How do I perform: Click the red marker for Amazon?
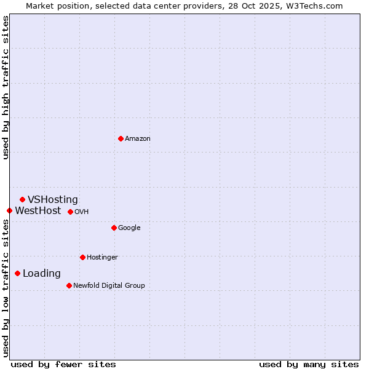tap(121, 138)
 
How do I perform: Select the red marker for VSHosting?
tap(22, 199)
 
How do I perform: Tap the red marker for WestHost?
tap(9, 210)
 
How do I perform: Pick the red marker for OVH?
tap(70, 212)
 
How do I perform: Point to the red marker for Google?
tap(114, 228)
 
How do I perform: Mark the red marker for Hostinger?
tap(82, 257)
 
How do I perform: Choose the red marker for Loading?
tap(17, 273)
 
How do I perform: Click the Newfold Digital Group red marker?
tap(69, 285)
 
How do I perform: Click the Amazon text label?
tap(138, 139)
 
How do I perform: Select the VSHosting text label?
tap(53, 200)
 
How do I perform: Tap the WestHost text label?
tap(38, 211)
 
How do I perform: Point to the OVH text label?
tap(82, 212)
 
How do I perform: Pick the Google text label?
tap(129, 228)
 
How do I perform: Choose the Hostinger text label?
tap(102, 258)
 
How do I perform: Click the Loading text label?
tap(42, 274)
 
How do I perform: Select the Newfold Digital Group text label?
tap(109, 286)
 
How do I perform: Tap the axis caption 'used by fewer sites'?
tap(63, 364)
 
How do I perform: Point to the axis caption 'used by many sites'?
tap(309, 364)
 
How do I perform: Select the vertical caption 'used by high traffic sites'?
tap(6, 87)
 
